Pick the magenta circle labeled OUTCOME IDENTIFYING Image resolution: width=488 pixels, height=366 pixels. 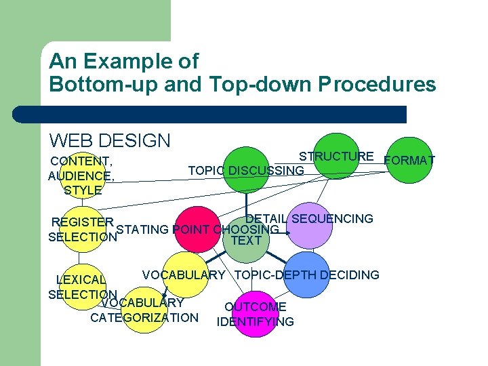pos(256,313)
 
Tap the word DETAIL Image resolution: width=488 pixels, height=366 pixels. pos(266,218)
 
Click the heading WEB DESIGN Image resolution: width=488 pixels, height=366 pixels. pos(110,141)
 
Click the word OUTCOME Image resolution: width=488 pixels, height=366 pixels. pos(255,307)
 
